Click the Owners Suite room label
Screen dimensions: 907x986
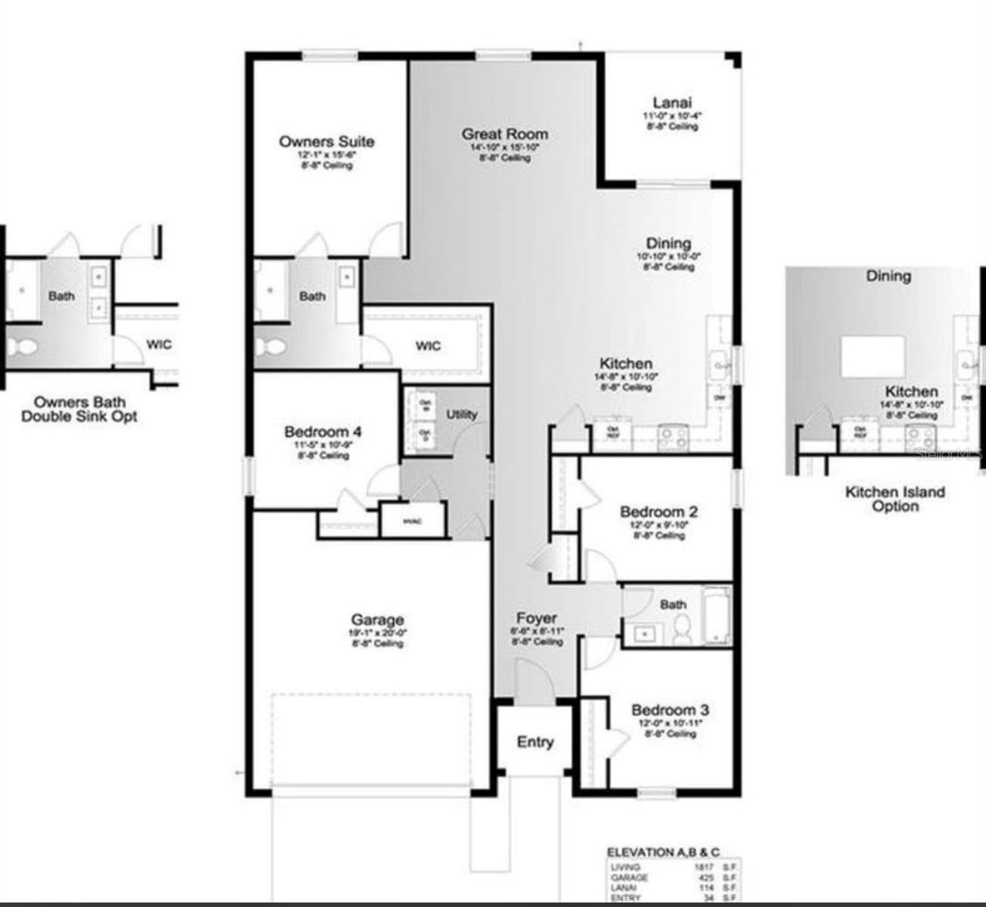point(326,141)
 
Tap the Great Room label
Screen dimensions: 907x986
point(505,135)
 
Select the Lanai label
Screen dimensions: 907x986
point(671,103)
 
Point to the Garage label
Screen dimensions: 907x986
point(377,620)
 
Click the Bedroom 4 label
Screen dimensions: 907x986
point(322,432)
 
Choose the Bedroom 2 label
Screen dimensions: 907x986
point(659,512)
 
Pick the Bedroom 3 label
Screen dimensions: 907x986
point(670,710)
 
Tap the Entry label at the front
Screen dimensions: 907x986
point(535,742)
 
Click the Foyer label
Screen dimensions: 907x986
point(537,618)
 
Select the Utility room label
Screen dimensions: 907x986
point(461,414)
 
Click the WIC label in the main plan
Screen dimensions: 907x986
point(427,346)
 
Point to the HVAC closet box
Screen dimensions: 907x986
point(412,522)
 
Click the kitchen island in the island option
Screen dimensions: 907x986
point(873,357)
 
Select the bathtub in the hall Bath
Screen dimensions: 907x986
point(715,616)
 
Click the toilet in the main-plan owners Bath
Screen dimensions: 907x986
point(268,348)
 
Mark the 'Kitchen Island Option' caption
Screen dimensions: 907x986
point(895,499)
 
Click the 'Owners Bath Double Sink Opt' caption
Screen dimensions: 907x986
point(79,409)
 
